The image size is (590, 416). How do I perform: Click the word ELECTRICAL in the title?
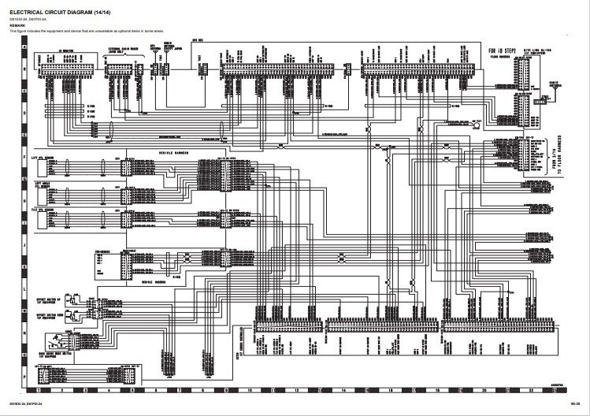(28, 9)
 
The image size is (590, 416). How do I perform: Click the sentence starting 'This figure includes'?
(87, 30)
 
